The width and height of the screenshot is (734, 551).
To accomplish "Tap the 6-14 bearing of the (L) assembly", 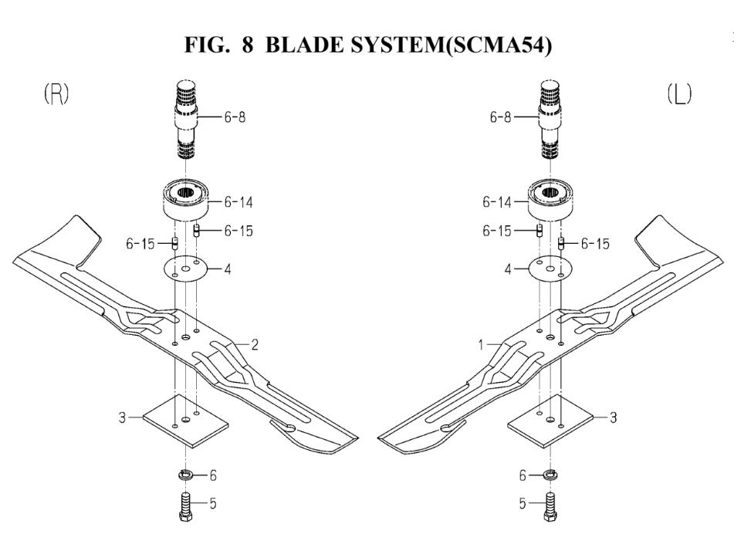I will coord(548,202).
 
